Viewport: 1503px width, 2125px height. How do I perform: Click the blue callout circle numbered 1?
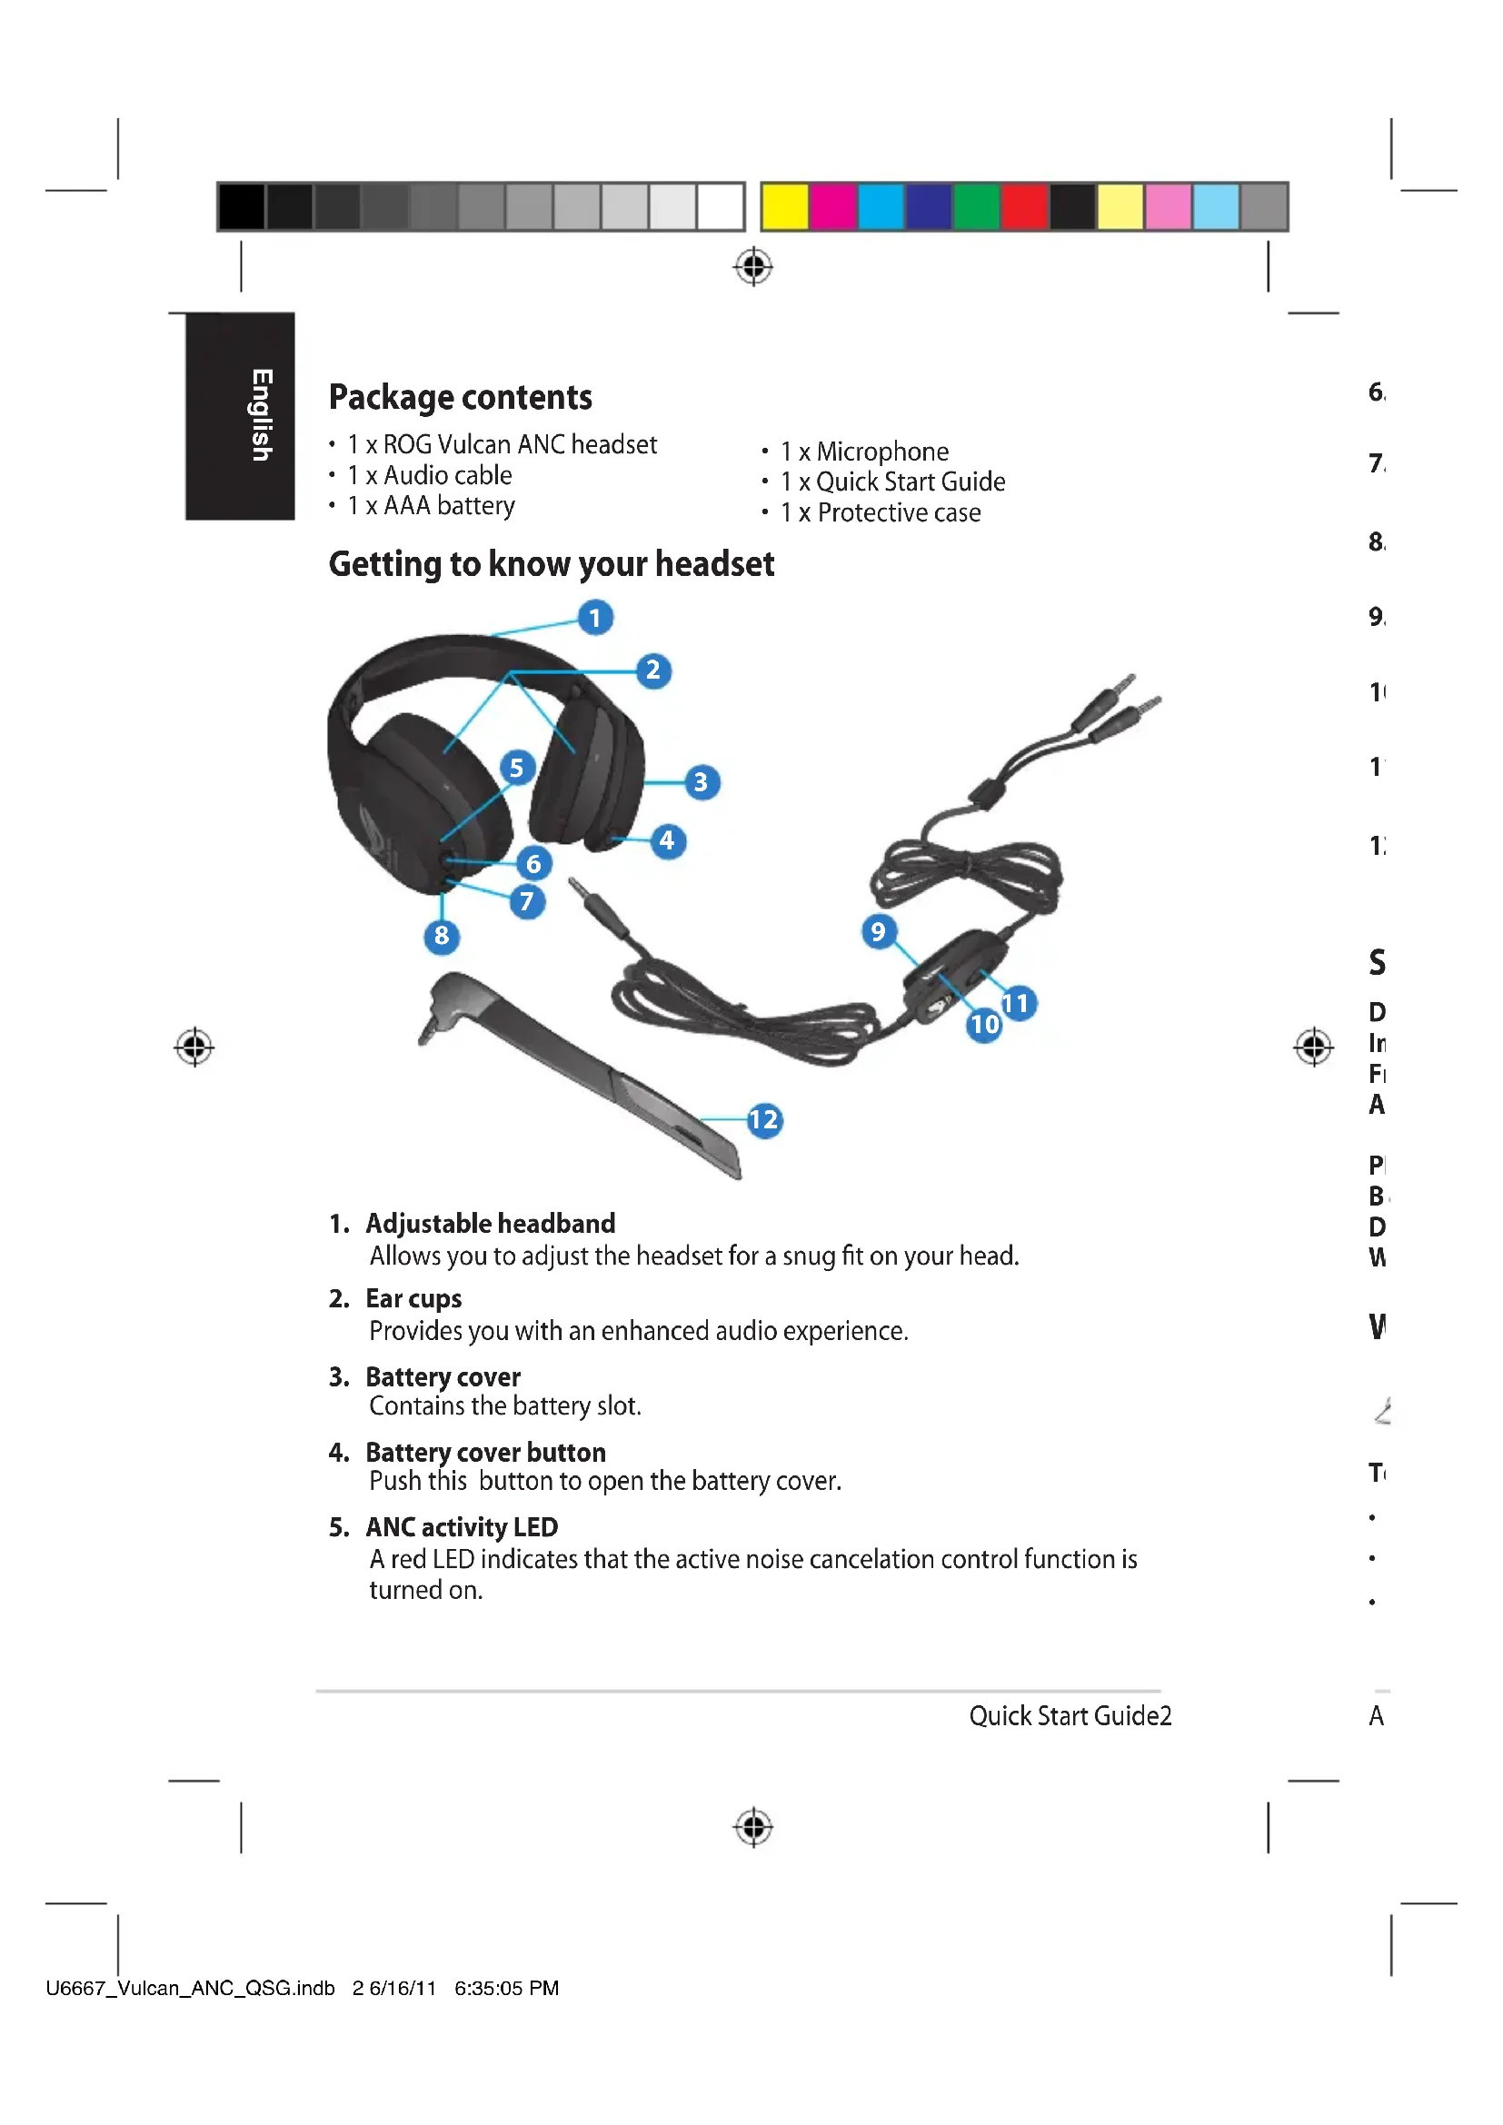tap(595, 617)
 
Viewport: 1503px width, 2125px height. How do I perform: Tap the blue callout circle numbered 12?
tap(764, 1121)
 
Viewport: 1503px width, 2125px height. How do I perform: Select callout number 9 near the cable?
tap(879, 931)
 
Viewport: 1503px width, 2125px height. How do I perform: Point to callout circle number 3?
tap(702, 783)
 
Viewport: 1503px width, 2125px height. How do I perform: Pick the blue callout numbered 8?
tap(442, 937)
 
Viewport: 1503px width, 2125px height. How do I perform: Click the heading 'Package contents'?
tap(460, 398)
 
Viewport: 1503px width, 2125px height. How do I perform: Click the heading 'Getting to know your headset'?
tap(551, 564)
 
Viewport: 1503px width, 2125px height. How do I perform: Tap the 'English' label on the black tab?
tap(262, 415)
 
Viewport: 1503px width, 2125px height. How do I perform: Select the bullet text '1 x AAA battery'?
tap(431, 506)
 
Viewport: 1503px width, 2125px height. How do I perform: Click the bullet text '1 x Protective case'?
tap(880, 512)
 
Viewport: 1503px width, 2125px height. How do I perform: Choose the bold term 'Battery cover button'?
tap(485, 1452)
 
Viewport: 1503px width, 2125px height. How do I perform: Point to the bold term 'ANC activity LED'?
tap(461, 1527)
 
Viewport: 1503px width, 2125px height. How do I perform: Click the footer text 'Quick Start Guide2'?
tap(1070, 1716)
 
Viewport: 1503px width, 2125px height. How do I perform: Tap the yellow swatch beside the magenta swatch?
tap(785, 206)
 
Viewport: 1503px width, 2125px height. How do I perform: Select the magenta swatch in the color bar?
tap(833, 206)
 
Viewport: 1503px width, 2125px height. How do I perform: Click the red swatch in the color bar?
tap(1024, 206)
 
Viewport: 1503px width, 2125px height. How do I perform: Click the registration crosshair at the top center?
tap(753, 266)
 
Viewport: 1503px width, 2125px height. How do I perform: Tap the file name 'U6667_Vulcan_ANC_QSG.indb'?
tap(190, 1988)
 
